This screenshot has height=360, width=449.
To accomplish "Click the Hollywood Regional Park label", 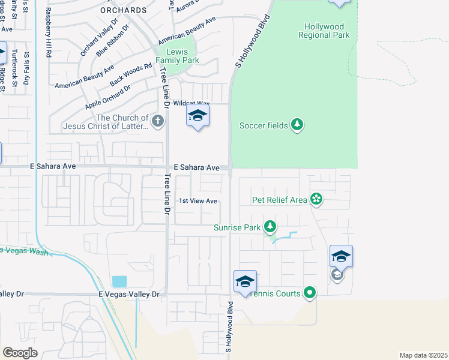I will pos(324,31).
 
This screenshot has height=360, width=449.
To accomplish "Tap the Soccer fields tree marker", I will pos(297,125).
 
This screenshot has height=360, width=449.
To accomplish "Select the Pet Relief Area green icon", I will pos(316,199).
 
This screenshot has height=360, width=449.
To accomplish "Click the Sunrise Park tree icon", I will pos(271,227).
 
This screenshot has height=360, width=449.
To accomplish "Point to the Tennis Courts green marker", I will pos(310,293).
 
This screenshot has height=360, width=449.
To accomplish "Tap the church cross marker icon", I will pos(157,122).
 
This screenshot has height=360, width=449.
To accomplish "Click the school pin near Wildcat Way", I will pos(197,116).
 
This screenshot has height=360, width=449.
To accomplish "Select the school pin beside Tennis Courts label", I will pos(245,281).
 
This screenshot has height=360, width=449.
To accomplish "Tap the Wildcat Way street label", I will pos(191,103).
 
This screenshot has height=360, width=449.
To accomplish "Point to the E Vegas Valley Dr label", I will pos(129,295).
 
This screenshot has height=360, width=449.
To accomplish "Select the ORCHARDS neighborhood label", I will pos(124,10).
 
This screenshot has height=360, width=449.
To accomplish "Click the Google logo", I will pos(20,353).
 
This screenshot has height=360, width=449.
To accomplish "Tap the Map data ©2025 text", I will pos(423,355).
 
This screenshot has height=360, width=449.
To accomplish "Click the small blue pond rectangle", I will pos(119,281).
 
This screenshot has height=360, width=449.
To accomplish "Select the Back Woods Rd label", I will pos(131,74).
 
